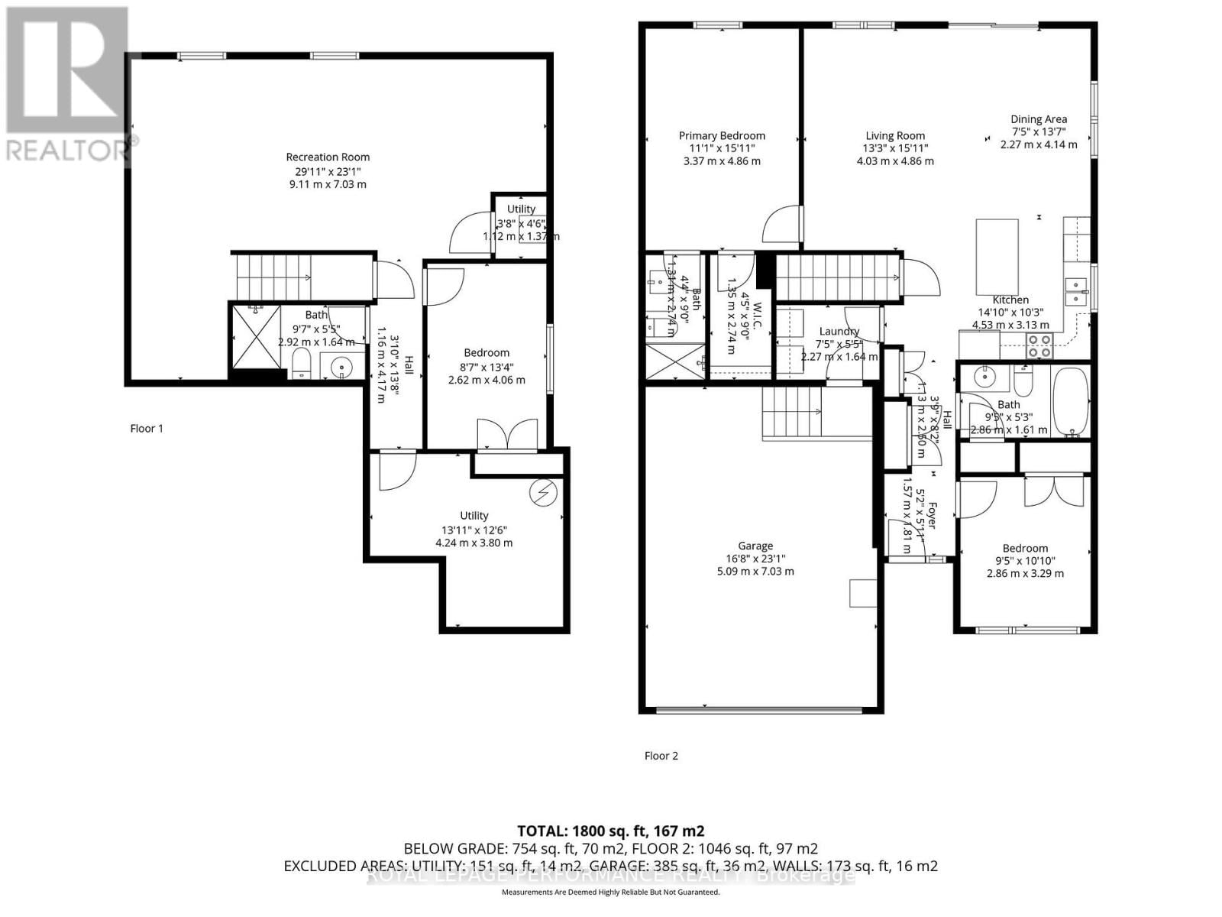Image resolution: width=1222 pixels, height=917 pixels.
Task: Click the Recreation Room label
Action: click(x=328, y=157)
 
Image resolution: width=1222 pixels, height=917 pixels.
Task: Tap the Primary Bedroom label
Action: click(x=722, y=136)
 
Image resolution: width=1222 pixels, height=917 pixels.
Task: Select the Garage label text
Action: click(x=755, y=546)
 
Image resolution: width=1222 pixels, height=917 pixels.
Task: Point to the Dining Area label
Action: click(x=1039, y=119)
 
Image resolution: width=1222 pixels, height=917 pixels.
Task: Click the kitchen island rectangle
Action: click(x=997, y=257)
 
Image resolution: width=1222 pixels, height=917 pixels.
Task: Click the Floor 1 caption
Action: click(x=147, y=429)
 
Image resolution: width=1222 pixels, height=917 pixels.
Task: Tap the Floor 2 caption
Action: click(x=661, y=756)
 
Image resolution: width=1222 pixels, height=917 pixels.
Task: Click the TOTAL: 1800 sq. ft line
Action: click(x=610, y=831)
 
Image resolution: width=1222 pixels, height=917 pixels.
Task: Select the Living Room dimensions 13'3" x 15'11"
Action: click(x=895, y=148)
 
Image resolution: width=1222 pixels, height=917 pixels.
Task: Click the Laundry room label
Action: click(x=839, y=332)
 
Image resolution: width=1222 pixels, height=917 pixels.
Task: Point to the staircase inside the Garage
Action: click(x=791, y=412)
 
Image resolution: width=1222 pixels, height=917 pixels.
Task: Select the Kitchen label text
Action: click(x=1010, y=300)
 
